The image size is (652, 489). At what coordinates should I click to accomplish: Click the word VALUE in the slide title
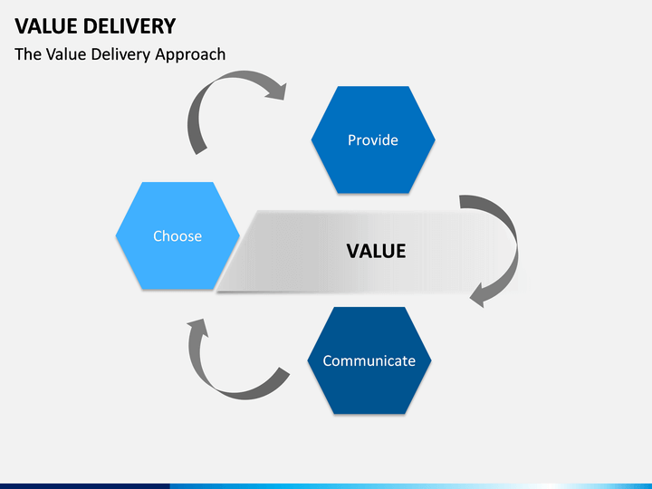coord(46,26)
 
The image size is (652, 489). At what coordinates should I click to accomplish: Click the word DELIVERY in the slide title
coord(129,26)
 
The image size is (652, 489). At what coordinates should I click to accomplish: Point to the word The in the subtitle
coord(28,54)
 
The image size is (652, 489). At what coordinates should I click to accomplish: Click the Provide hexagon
coord(373,139)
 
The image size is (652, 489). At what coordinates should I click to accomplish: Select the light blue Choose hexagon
coord(177,235)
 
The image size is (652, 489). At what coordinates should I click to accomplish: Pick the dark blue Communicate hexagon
coord(369,360)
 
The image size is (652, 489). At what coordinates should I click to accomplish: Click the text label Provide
coord(373,140)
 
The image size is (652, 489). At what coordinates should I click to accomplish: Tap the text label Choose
coord(177,236)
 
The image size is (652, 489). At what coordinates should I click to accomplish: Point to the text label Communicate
coord(369,361)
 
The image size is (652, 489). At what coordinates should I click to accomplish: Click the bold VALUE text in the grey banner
coord(377,251)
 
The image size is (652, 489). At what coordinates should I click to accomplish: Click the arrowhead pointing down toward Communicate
coord(478,296)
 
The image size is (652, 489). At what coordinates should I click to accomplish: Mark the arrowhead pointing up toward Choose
coord(198,326)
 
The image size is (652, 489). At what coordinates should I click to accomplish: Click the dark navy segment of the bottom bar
coord(85,486)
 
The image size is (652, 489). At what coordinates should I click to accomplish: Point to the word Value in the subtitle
coord(66,54)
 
